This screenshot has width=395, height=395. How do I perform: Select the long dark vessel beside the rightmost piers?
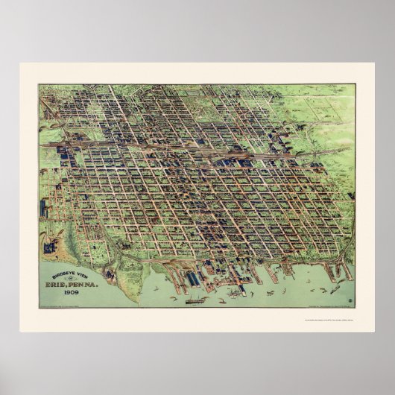point(335,287)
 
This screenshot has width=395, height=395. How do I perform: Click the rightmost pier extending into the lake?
point(347,272)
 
